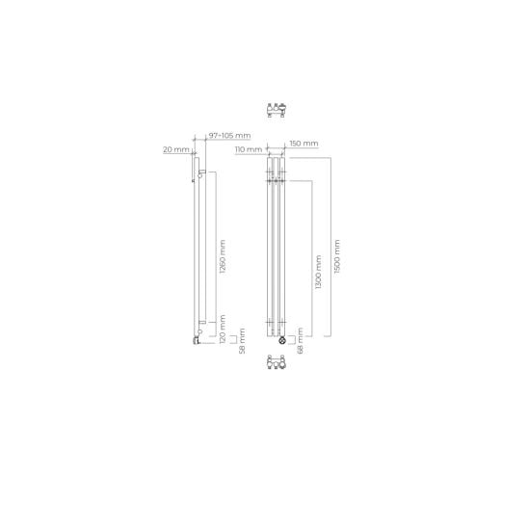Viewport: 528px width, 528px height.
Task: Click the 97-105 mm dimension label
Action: point(229,135)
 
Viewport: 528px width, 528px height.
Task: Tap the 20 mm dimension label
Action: point(176,149)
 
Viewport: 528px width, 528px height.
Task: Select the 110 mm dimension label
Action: point(249,149)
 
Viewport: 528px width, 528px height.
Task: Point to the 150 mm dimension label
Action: point(304,144)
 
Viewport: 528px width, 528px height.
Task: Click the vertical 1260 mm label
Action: point(223,256)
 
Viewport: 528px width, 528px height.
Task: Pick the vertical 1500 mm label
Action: point(337,256)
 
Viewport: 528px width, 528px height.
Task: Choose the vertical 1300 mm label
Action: point(318,272)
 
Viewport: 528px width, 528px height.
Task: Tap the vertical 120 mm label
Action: point(223,329)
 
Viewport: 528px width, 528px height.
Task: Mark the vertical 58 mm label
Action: point(242,341)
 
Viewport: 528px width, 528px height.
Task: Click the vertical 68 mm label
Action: point(301,341)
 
